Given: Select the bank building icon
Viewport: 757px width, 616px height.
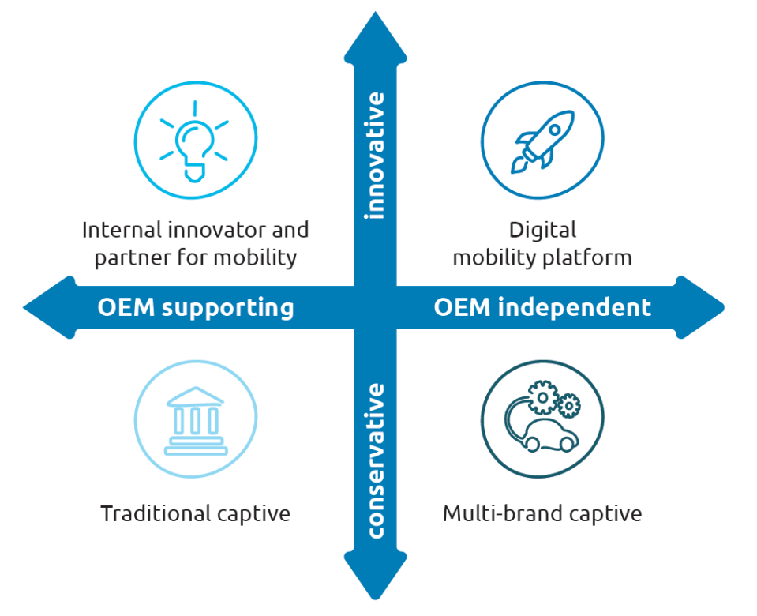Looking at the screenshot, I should [x=195, y=419].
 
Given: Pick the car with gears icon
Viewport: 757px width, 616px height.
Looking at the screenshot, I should [x=543, y=419].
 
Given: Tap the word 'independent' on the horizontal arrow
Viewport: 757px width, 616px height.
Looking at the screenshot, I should [x=575, y=307].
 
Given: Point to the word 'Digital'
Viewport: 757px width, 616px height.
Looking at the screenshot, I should [x=542, y=230].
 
